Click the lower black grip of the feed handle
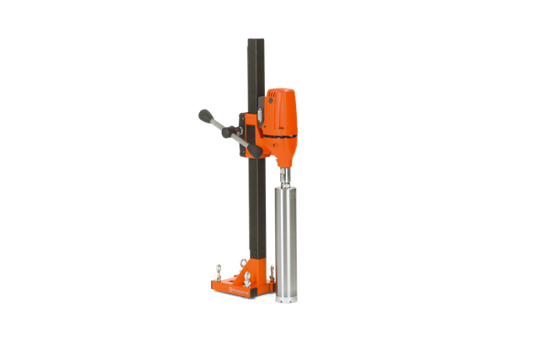click(253, 151)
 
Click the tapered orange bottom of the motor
click(285, 156)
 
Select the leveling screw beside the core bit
click(271, 271)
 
